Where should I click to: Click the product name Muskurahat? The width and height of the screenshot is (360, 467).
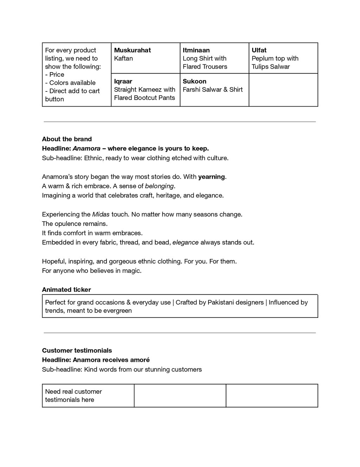click(132, 50)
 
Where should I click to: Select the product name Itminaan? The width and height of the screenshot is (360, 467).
click(196, 50)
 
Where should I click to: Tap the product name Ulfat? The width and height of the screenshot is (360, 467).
click(259, 50)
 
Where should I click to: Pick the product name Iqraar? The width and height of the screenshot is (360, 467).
click(123, 81)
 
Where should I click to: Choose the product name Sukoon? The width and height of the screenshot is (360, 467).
click(194, 81)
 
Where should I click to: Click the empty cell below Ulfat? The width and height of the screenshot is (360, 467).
click(283, 90)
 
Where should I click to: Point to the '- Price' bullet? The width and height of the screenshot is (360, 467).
click(55, 75)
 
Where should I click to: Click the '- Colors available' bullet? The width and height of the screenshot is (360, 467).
click(70, 83)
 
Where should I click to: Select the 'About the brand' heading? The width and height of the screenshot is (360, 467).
click(67, 139)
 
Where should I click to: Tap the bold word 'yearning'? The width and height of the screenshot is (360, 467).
click(211, 177)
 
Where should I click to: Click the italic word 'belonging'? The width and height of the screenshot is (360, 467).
click(159, 186)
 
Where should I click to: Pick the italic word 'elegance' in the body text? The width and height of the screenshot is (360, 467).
click(185, 242)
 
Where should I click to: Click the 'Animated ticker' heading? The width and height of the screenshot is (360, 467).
click(66, 290)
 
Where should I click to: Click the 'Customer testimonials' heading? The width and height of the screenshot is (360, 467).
click(77, 351)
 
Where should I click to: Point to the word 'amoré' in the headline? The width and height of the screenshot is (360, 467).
click(141, 360)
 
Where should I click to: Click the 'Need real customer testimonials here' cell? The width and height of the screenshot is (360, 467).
click(73, 396)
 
